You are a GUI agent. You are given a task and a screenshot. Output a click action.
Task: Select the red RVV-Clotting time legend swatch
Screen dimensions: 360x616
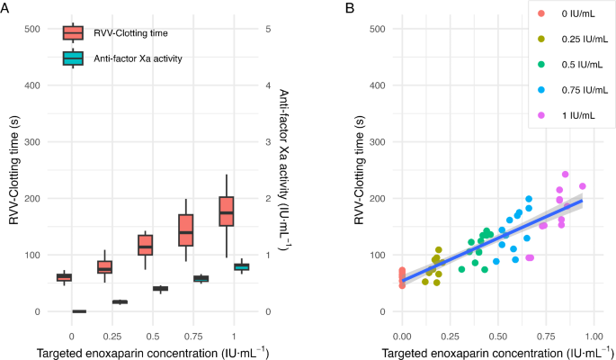(73, 33)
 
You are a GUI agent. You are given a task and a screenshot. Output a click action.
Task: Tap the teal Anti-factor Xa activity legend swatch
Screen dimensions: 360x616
(73, 58)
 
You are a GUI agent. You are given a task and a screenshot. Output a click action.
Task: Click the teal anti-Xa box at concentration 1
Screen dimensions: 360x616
(242, 266)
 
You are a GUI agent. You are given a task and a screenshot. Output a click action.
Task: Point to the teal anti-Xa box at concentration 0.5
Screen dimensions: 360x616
(160, 288)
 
